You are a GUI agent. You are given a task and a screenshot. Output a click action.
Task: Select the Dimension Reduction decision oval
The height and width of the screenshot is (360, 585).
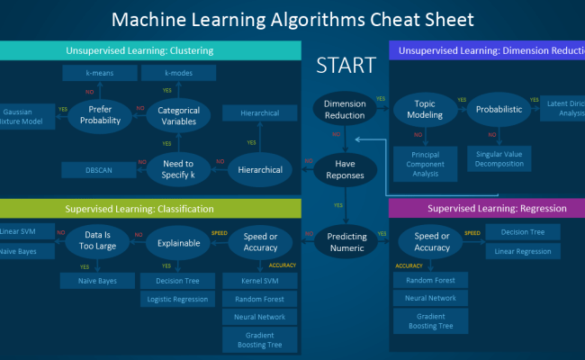344,109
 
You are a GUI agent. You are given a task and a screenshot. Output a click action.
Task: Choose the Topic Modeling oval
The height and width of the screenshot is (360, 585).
424,109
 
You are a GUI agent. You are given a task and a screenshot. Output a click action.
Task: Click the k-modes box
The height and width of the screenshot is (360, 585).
179,72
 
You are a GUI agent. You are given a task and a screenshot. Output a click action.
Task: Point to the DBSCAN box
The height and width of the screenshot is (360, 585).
99,169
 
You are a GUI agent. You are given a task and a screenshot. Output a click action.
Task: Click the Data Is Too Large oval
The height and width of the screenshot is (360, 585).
98,242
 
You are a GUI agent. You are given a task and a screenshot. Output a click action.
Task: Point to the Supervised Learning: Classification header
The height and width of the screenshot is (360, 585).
139,208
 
